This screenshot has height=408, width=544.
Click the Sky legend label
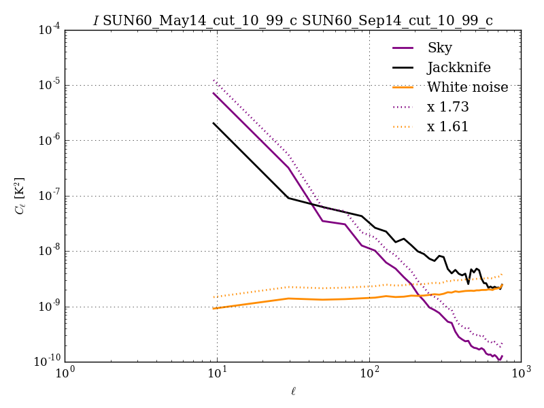(439, 48)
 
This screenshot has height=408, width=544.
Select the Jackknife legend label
(458, 67)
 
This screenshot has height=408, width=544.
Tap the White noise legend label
(466, 87)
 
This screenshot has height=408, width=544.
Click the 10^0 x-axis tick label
(65, 374)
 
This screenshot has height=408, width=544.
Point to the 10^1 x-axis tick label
(217, 374)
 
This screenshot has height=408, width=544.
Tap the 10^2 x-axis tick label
(369, 374)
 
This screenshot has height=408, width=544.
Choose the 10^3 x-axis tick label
(521, 374)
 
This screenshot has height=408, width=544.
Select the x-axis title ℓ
(293, 392)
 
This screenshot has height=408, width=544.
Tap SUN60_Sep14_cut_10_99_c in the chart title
(397, 21)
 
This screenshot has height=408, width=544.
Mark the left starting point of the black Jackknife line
(214, 123)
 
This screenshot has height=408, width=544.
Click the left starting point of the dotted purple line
(214, 80)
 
